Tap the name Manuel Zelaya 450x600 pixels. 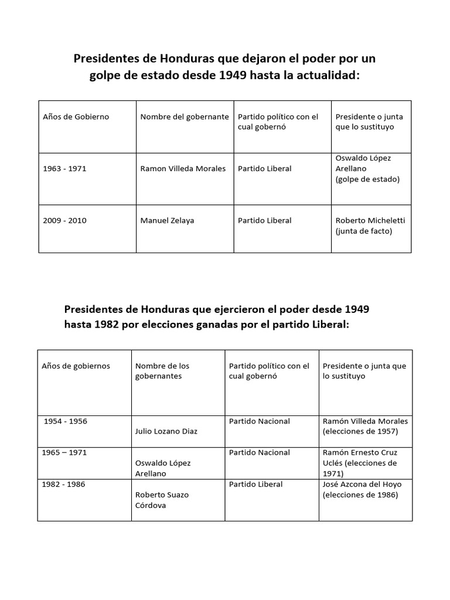click(167, 221)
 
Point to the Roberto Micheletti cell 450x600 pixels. click(370, 226)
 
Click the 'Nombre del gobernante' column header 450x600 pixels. click(185, 117)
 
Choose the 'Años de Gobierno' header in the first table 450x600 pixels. click(76, 117)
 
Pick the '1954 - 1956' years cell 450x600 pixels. click(66, 421)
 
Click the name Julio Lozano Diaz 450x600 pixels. click(166, 431)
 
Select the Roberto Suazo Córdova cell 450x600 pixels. click(162, 500)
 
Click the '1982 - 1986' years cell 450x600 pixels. click(64, 484)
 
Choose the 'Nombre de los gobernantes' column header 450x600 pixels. click(162, 371)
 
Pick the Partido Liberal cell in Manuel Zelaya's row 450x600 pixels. click(265, 221)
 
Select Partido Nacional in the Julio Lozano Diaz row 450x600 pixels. click(260, 421)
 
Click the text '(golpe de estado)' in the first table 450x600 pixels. click(367, 179)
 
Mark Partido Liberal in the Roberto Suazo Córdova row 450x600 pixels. click(256, 484)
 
